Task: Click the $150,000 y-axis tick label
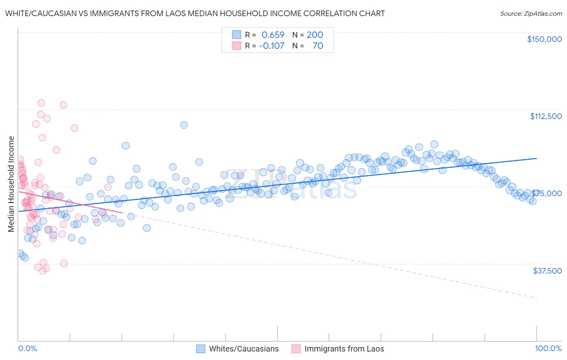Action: click(x=544, y=39)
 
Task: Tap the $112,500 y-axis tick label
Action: click(x=546, y=116)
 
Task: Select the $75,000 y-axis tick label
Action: click(x=546, y=193)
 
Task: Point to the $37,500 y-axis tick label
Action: click(x=547, y=270)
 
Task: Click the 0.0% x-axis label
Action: click(x=27, y=348)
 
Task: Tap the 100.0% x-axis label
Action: click(x=548, y=348)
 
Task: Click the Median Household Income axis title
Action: click(x=11, y=184)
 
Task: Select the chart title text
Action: click(x=195, y=13)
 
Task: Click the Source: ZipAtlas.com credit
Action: click(x=531, y=13)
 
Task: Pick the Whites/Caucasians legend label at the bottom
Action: click(x=244, y=349)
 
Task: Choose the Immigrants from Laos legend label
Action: click(x=344, y=349)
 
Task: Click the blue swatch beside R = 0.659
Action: click(x=236, y=35)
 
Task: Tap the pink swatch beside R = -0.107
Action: click(x=236, y=46)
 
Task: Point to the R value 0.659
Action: click(x=273, y=35)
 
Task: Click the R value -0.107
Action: click(x=272, y=46)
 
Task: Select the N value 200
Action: click(x=315, y=35)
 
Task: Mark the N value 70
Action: click(x=318, y=46)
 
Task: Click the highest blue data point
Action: click(x=184, y=125)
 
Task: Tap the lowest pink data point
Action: click(x=43, y=271)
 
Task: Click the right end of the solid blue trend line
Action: click(x=537, y=158)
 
